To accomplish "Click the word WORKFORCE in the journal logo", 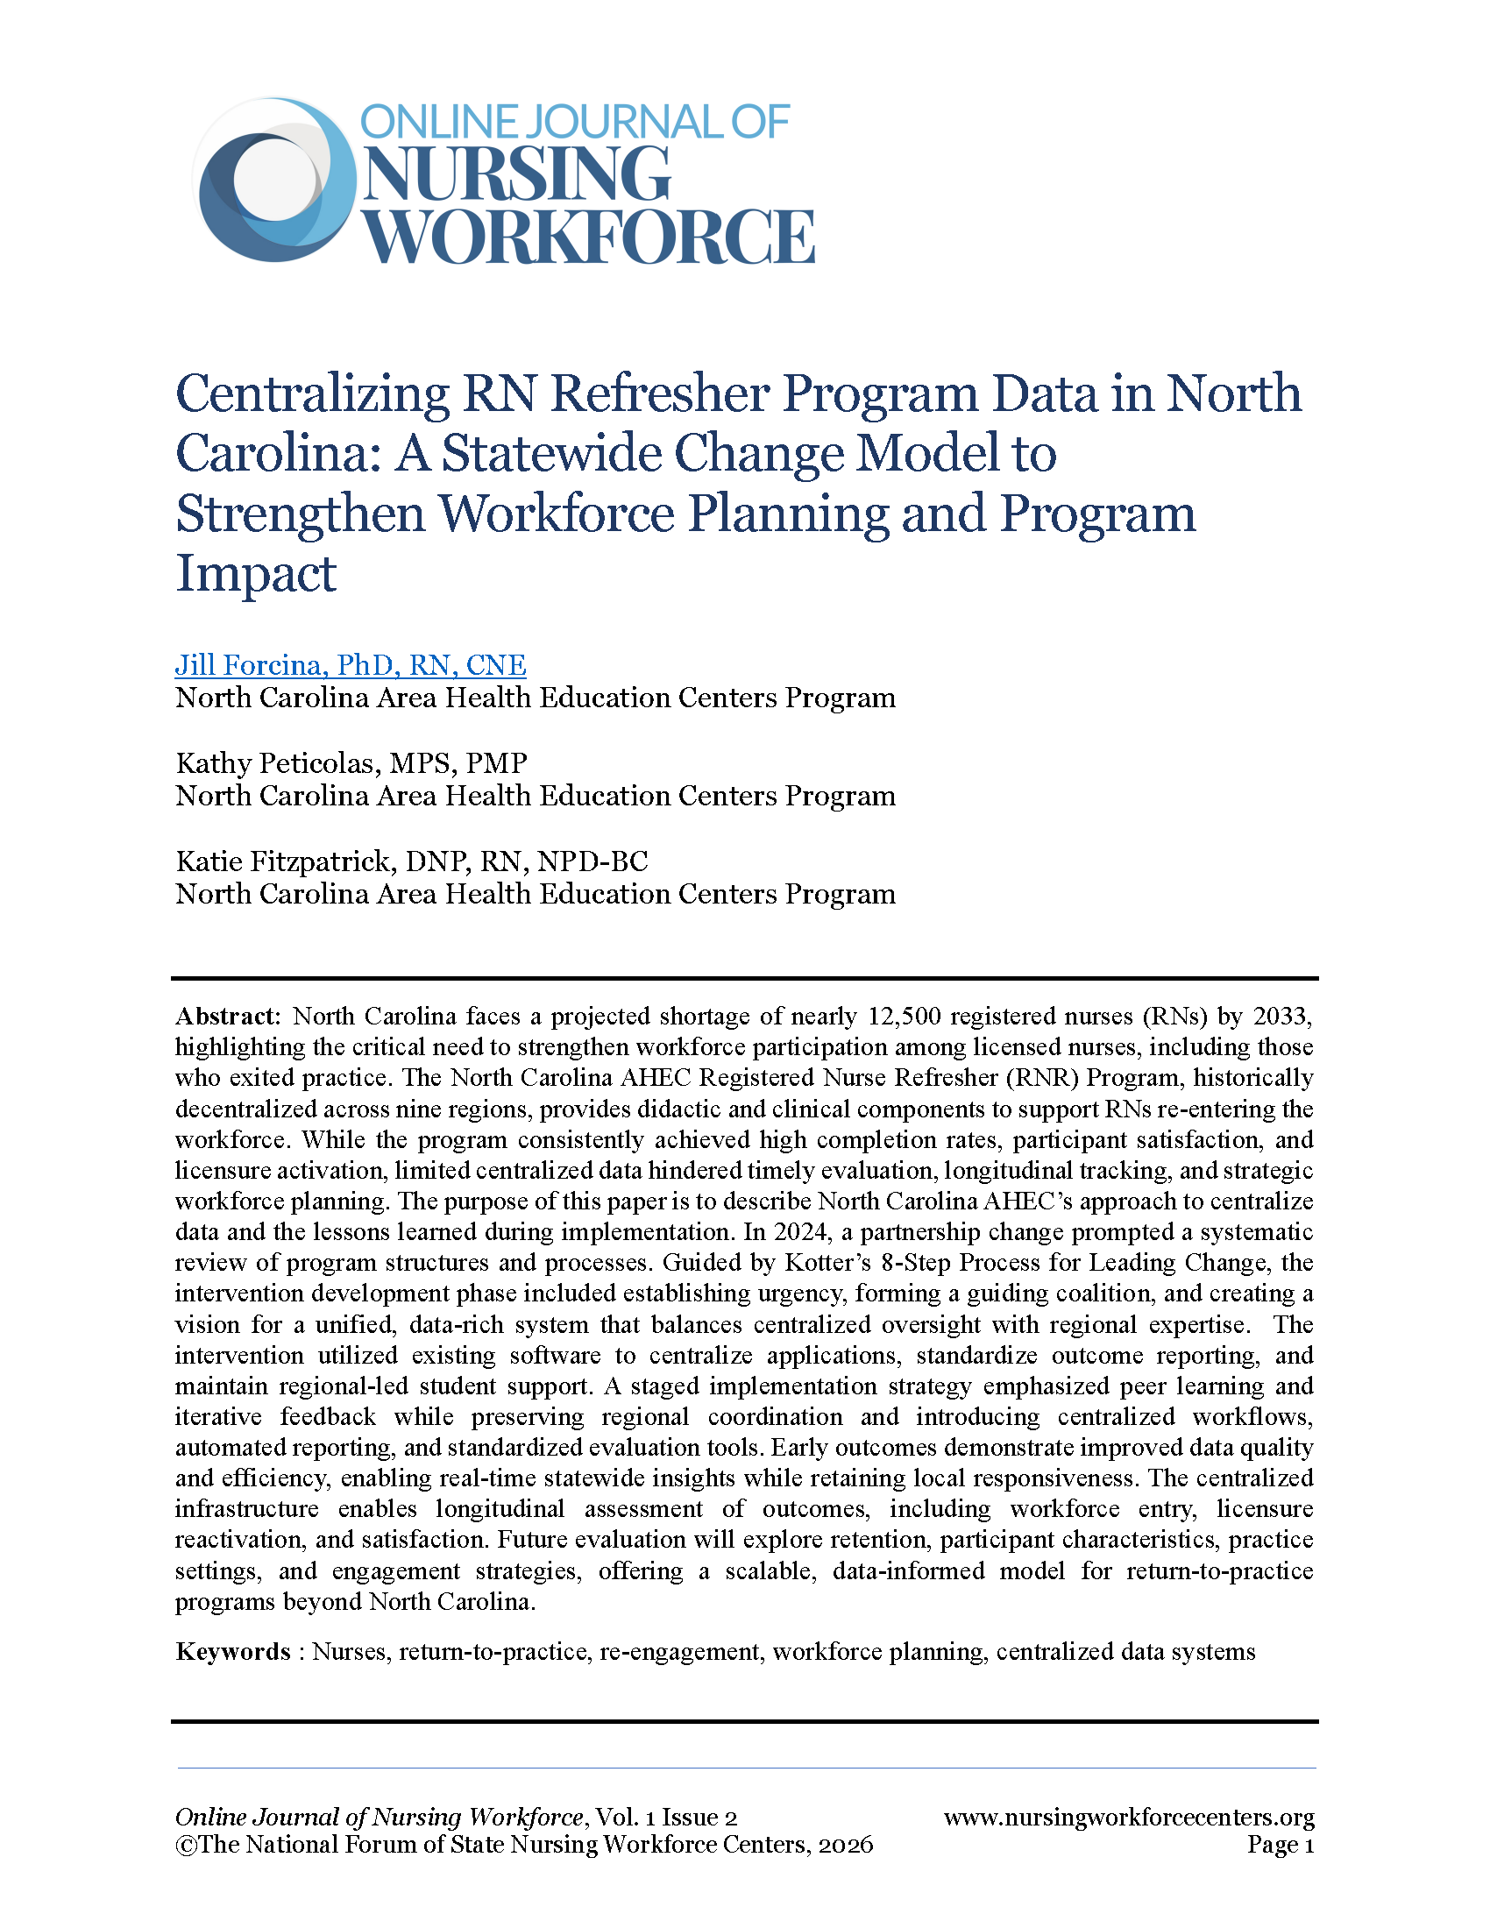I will tap(590, 237).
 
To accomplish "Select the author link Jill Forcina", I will tap(351, 665).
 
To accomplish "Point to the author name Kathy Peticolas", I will tap(274, 762).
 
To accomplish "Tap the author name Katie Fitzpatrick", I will tap(286, 861).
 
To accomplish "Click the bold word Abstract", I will tap(227, 1016).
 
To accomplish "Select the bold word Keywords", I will tap(233, 1652).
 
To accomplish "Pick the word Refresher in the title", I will tap(659, 393).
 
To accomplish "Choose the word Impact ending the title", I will tap(256, 574).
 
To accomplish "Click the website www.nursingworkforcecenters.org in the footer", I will tap(1129, 1818).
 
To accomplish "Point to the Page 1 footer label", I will tap(1280, 1845).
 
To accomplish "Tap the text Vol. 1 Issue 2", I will tap(666, 1818).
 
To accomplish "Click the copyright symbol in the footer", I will tap(185, 1846).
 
